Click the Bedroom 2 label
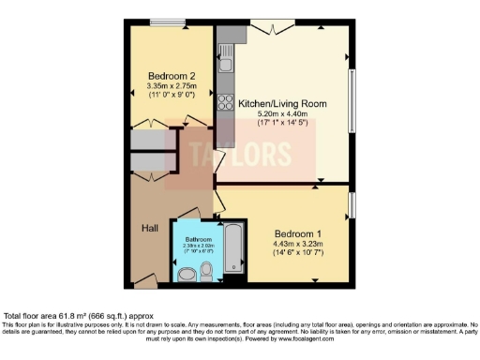(172, 76)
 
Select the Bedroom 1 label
(299, 232)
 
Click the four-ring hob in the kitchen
(226, 101)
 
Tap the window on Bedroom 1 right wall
(352, 204)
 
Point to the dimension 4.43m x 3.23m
(299, 244)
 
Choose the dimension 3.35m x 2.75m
(172, 87)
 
